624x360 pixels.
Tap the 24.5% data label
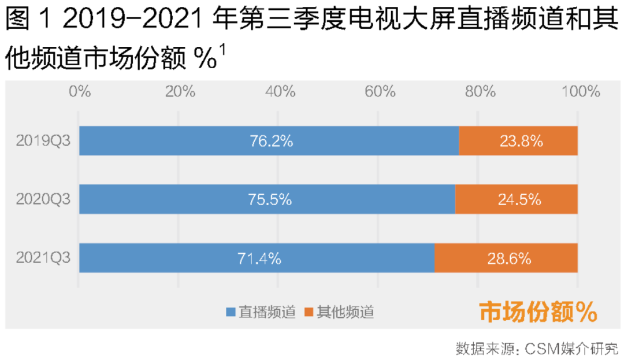click(519, 200)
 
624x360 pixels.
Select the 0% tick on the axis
click(80, 92)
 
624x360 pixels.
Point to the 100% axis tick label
click(578, 92)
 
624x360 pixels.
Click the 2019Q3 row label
click(43, 141)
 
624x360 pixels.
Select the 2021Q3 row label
click(43, 258)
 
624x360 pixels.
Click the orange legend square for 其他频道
click(309, 313)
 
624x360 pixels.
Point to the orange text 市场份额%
click(538, 312)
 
